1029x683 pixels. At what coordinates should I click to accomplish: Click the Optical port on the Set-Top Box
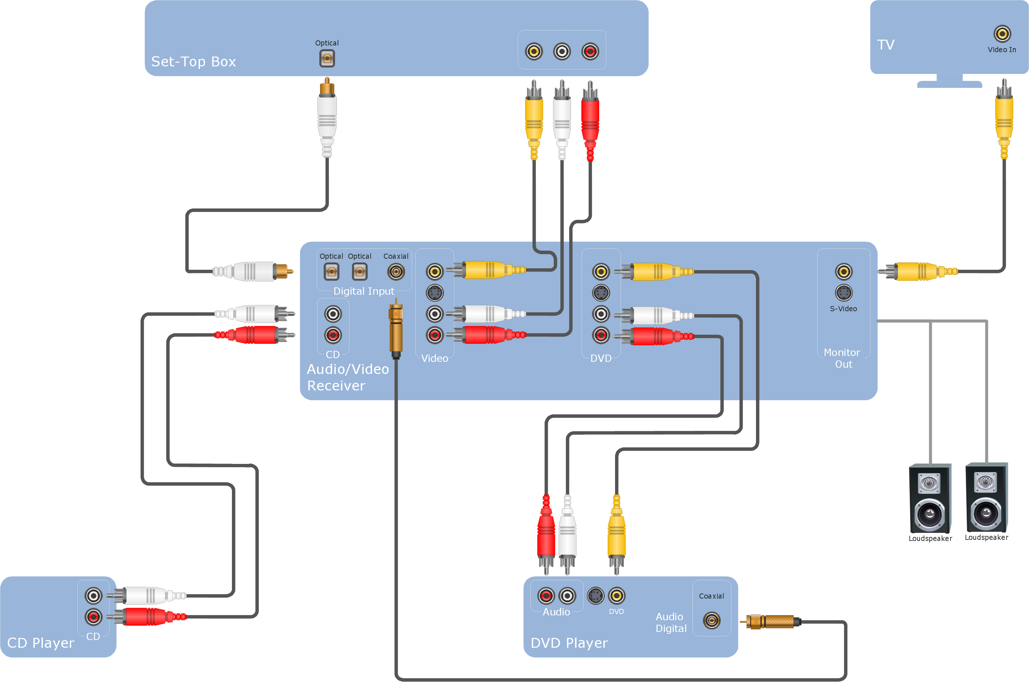pyautogui.click(x=327, y=58)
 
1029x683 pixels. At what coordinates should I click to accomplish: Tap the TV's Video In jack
pyautogui.click(x=1001, y=33)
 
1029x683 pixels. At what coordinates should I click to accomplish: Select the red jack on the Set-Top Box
pyautogui.click(x=590, y=51)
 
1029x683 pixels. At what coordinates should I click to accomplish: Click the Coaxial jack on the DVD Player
pyautogui.click(x=712, y=620)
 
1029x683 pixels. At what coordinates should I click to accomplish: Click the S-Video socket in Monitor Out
pyautogui.click(x=843, y=293)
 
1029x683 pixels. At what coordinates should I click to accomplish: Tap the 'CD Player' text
pyautogui.click(x=41, y=643)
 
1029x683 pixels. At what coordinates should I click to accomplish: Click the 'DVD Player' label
pyautogui.click(x=569, y=643)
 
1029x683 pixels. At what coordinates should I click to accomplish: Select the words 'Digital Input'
pyautogui.click(x=364, y=291)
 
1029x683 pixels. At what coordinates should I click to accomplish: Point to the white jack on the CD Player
pyautogui.click(x=93, y=595)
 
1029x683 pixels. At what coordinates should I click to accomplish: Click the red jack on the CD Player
pyautogui.click(x=93, y=617)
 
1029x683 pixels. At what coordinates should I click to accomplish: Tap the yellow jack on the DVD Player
pyautogui.click(x=616, y=595)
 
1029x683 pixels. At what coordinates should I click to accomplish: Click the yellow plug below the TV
pyautogui.click(x=1004, y=117)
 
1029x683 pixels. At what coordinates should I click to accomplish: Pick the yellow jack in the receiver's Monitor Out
pyautogui.click(x=843, y=271)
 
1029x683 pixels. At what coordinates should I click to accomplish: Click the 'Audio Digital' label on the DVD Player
pyautogui.click(x=670, y=622)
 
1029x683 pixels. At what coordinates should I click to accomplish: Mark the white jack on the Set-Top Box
pyautogui.click(x=562, y=51)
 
